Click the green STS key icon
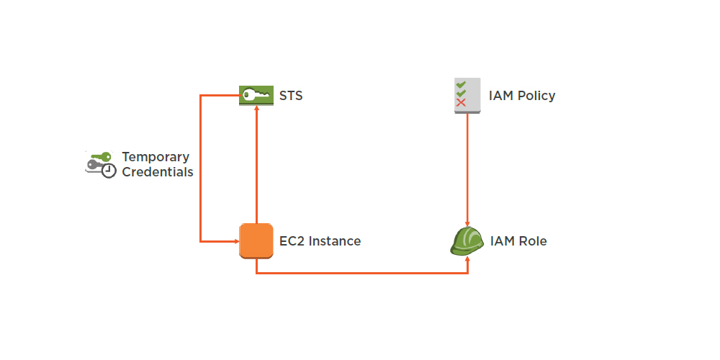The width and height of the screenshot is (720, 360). click(x=256, y=96)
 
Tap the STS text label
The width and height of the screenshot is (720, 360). click(x=291, y=96)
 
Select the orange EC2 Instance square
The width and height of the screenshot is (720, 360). click(x=256, y=241)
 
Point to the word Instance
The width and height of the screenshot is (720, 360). click(x=335, y=241)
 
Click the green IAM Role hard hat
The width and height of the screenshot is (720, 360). click(x=467, y=241)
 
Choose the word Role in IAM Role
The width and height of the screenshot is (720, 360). click(x=533, y=241)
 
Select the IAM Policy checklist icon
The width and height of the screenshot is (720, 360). click(x=467, y=95)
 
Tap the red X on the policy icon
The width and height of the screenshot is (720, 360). click(x=462, y=103)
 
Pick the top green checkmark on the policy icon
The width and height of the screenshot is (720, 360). click(x=462, y=84)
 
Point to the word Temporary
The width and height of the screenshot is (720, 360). click(x=156, y=157)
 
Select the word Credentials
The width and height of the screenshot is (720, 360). click(x=158, y=173)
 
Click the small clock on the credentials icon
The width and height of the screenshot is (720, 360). click(x=108, y=171)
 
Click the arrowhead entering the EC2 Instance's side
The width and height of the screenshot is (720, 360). click(x=235, y=241)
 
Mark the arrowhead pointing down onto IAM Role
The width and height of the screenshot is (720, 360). click(x=468, y=224)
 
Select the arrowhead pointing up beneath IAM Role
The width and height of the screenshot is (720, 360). click(x=468, y=259)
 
